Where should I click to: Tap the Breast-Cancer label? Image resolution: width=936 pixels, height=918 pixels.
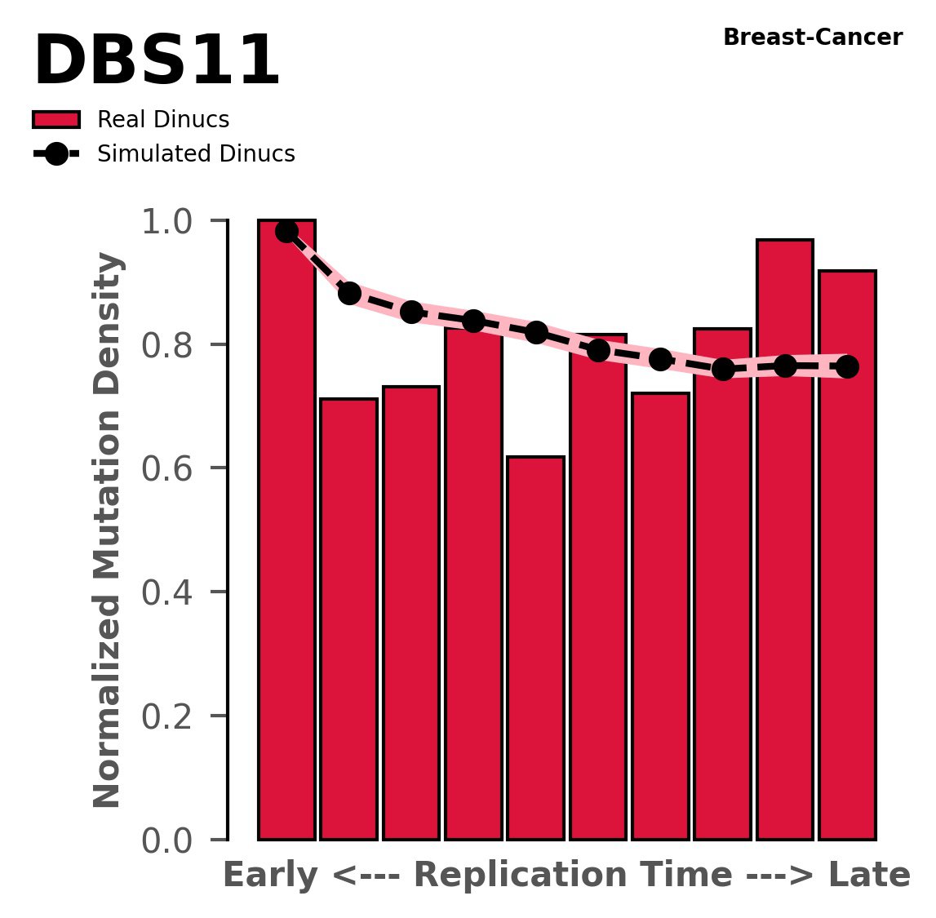pos(813,38)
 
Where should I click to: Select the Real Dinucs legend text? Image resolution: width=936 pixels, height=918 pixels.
pos(163,120)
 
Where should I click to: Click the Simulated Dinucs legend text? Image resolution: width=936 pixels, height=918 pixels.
pos(196,154)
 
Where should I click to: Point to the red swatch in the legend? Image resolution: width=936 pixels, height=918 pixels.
pos(56,120)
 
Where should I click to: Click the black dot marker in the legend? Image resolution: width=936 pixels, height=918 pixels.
pos(56,154)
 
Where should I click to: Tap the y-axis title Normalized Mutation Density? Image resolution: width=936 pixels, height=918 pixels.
pos(108,530)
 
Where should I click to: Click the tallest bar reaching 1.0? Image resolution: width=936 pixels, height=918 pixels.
pos(286,530)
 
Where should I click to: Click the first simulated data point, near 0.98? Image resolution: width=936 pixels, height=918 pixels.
pos(286,232)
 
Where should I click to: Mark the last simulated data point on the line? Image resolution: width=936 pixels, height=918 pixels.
pos(847,367)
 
